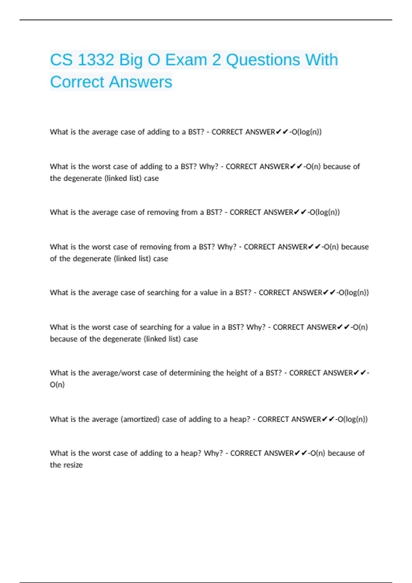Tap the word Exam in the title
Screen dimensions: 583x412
186,60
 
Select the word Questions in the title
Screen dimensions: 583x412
263,60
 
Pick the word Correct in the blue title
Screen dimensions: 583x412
77,82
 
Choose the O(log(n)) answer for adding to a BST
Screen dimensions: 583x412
307,132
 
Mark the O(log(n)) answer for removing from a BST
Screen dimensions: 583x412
325,212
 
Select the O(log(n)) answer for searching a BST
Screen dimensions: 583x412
354,293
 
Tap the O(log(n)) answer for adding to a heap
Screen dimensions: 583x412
353,419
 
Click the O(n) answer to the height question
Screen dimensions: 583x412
57,385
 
